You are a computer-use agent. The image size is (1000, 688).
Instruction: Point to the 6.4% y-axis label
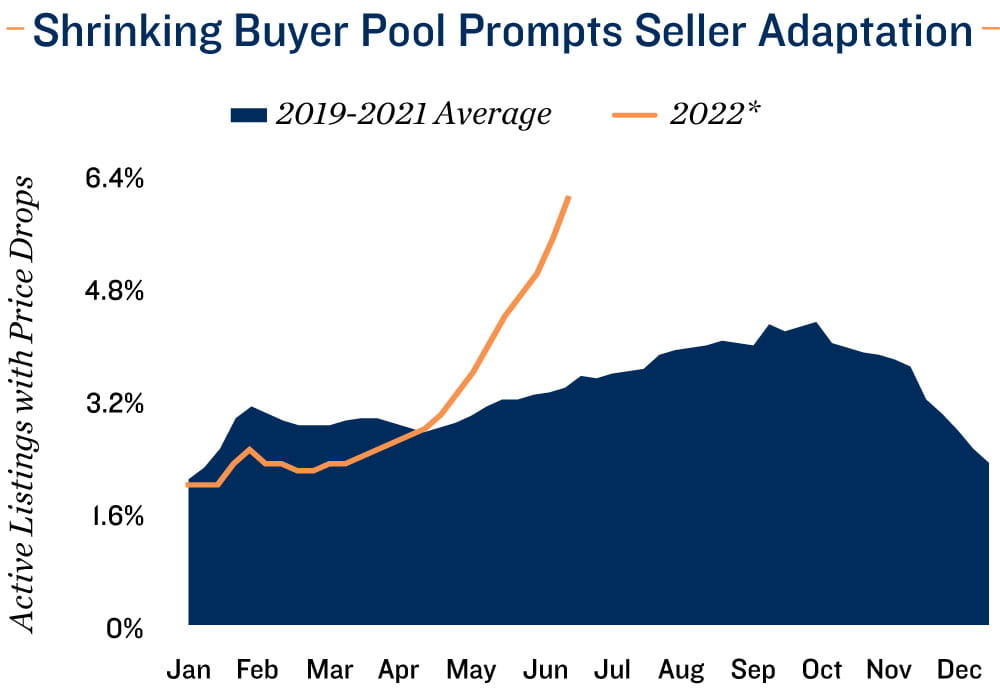click(116, 180)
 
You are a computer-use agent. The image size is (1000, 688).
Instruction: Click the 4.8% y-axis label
click(116, 293)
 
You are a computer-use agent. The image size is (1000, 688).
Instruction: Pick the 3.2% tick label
click(116, 405)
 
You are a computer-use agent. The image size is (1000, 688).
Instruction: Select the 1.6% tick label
click(116, 517)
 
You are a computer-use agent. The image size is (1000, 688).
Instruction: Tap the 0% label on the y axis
click(127, 629)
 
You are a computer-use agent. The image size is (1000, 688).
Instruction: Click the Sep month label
click(754, 668)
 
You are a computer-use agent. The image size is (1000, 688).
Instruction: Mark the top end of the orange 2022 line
click(569, 197)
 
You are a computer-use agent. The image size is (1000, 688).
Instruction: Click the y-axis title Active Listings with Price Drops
click(27, 404)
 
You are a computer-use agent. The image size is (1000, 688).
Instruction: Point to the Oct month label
click(824, 668)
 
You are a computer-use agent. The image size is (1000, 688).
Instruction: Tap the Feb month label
click(258, 668)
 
